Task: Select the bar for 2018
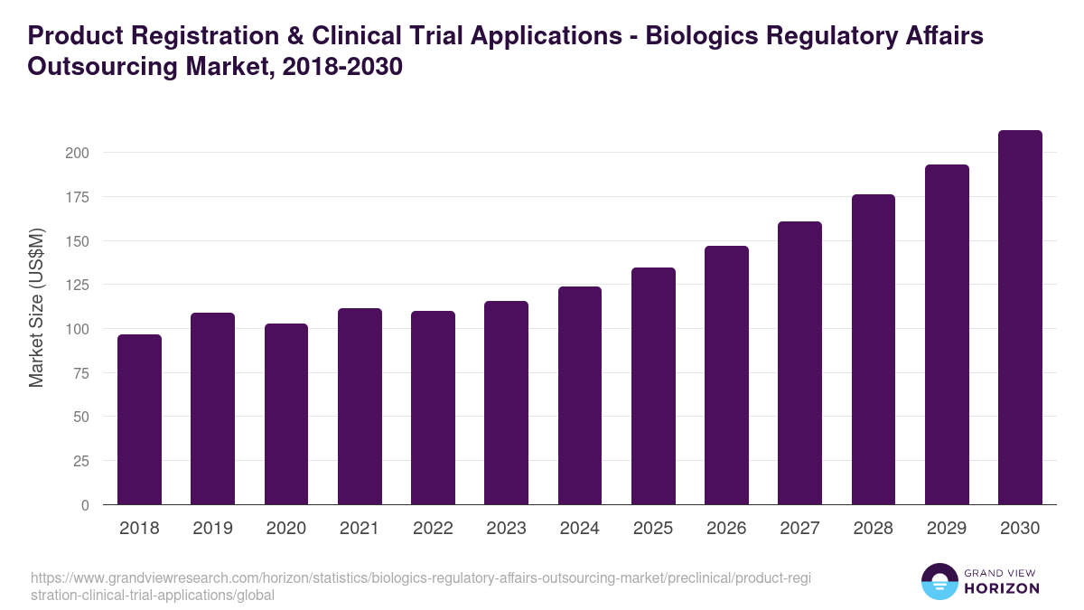point(139,419)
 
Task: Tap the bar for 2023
point(506,403)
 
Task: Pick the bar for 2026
point(726,375)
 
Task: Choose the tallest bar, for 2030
point(1020,317)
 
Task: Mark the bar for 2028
point(874,350)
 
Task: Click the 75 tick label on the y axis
point(80,373)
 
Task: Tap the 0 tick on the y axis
point(85,505)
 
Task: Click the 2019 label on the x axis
point(212,529)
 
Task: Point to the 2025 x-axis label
point(653,529)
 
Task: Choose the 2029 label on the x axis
point(947,529)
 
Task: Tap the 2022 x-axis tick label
point(433,529)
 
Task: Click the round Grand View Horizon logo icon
point(939,582)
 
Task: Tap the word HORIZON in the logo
point(1002,588)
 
